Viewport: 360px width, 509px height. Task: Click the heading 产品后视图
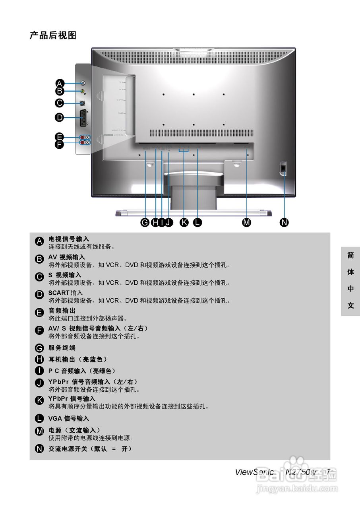click(53, 36)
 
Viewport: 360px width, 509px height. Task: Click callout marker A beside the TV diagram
click(60, 83)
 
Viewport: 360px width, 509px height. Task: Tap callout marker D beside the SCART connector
click(60, 117)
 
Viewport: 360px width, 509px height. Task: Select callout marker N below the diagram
click(285, 222)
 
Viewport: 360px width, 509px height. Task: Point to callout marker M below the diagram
click(247, 222)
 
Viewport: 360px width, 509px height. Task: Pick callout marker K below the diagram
click(184, 222)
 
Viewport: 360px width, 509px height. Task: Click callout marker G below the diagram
click(145, 222)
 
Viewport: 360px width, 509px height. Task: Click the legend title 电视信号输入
click(69, 239)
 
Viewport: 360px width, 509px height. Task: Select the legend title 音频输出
click(62, 310)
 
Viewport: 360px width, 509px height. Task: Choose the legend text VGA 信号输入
click(69, 418)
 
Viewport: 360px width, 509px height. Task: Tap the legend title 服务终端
click(62, 348)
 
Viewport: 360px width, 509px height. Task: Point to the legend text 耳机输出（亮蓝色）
click(78, 359)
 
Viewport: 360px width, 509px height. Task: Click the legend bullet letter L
click(39, 418)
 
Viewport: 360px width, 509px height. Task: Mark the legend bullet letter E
click(39, 313)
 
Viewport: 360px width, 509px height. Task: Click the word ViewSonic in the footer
click(254, 472)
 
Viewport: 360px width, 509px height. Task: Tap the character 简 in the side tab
click(350, 256)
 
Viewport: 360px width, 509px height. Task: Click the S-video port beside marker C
click(82, 103)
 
